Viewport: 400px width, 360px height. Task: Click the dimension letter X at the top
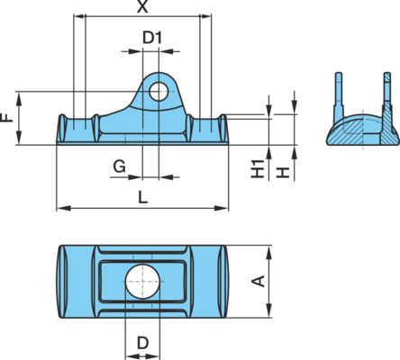point(142,6)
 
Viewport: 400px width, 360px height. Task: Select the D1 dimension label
point(152,38)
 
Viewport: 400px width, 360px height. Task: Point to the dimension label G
point(119,166)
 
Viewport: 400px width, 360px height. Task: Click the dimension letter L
point(143,197)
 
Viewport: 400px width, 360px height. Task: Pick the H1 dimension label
point(258,168)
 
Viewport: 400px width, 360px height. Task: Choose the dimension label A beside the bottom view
point(258,281)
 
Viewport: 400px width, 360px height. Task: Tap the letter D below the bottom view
point(143,343)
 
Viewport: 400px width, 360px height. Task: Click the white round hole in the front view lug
point(159,92)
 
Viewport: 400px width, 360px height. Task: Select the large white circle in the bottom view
point(142,282)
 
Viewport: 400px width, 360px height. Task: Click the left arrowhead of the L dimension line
point(64,208)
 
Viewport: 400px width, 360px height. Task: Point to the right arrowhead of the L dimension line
point(222,208)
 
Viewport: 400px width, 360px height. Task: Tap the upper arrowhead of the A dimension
point(269,253)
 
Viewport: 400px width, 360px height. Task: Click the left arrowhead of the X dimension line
point(80,16)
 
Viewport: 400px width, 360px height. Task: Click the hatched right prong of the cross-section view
point(387,99)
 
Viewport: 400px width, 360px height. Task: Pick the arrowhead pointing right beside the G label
point(135,177)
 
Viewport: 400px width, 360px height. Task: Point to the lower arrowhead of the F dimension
point(19,138)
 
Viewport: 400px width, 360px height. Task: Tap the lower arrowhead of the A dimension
point(269,310)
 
